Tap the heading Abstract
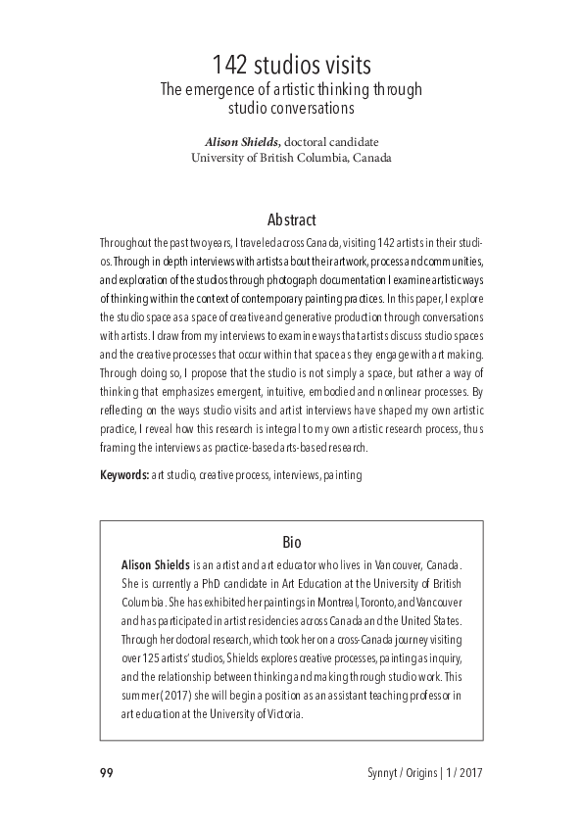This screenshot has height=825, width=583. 291,220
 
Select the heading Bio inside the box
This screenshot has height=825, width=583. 291,542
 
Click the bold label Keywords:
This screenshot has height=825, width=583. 123,475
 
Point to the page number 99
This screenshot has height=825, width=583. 107,773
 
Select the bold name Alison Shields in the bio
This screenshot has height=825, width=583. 155,565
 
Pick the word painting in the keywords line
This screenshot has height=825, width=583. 342,475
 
